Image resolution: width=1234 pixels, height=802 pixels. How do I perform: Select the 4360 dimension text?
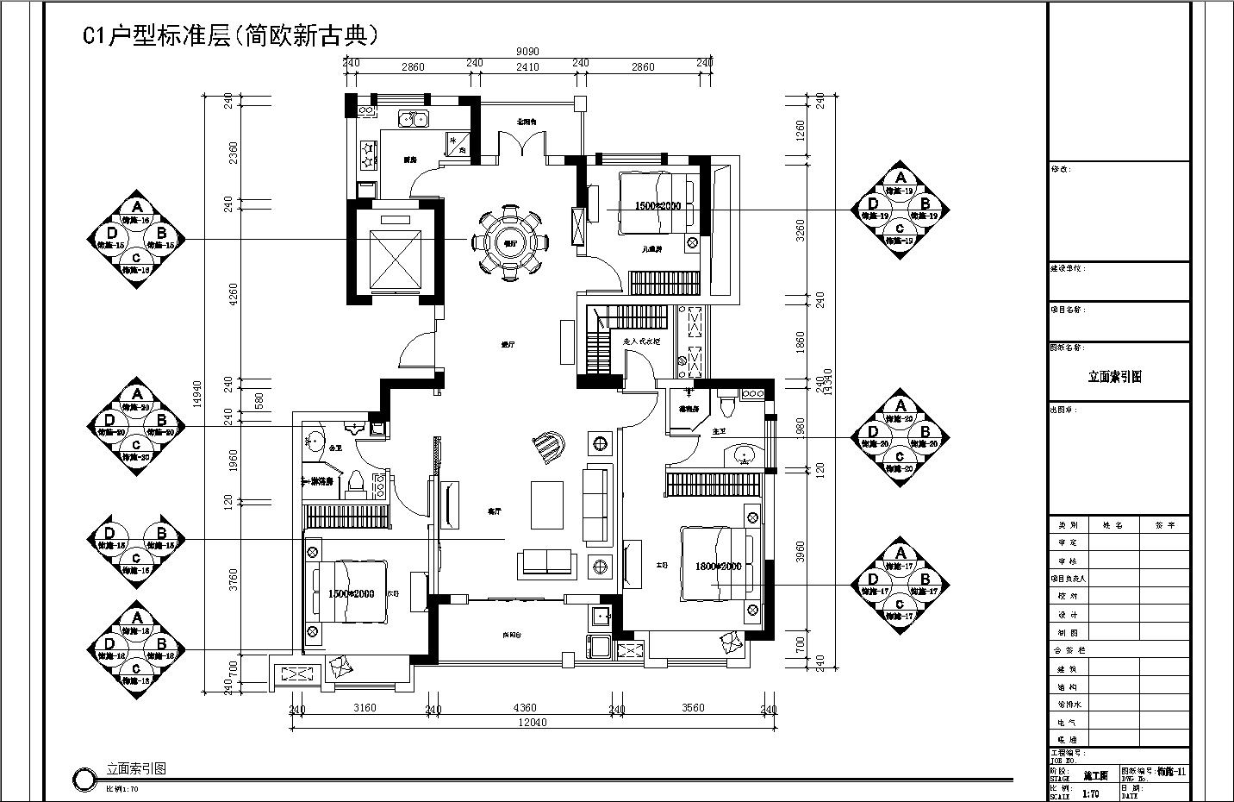[525, 708]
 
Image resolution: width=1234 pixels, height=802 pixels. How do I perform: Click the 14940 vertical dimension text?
[197, 404]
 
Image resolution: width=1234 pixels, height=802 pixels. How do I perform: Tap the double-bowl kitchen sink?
[413, 120]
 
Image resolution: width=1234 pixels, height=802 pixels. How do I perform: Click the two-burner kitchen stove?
[368, 154]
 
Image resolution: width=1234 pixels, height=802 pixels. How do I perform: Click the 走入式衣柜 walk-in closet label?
[641, 341]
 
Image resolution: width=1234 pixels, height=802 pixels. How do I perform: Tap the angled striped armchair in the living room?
[547, 446]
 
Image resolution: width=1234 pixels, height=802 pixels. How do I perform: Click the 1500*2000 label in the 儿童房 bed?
[658, 206]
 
